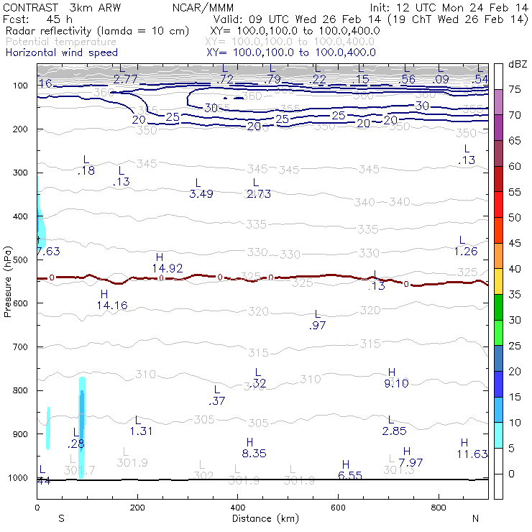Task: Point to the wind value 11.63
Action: coord(472,454)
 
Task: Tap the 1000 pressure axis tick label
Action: coord(18,478)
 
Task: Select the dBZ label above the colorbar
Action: coord(517,64)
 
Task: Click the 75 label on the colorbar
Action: coord(515,89)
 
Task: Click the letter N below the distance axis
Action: coord(475,518)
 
